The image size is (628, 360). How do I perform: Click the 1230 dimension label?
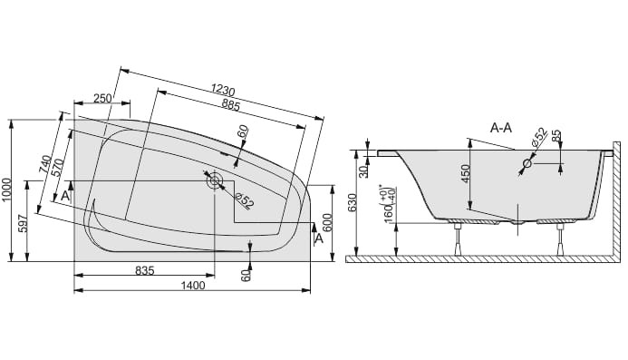click(223, 90)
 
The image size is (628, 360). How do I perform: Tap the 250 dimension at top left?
click(103, 98)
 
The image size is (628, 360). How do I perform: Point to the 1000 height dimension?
click(6, 190)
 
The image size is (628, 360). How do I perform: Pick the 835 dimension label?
click(145, 270)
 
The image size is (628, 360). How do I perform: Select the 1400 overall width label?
click(193, 286)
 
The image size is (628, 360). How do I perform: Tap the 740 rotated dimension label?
click(45, 164)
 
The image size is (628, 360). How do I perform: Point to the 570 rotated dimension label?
click(57, 169)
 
